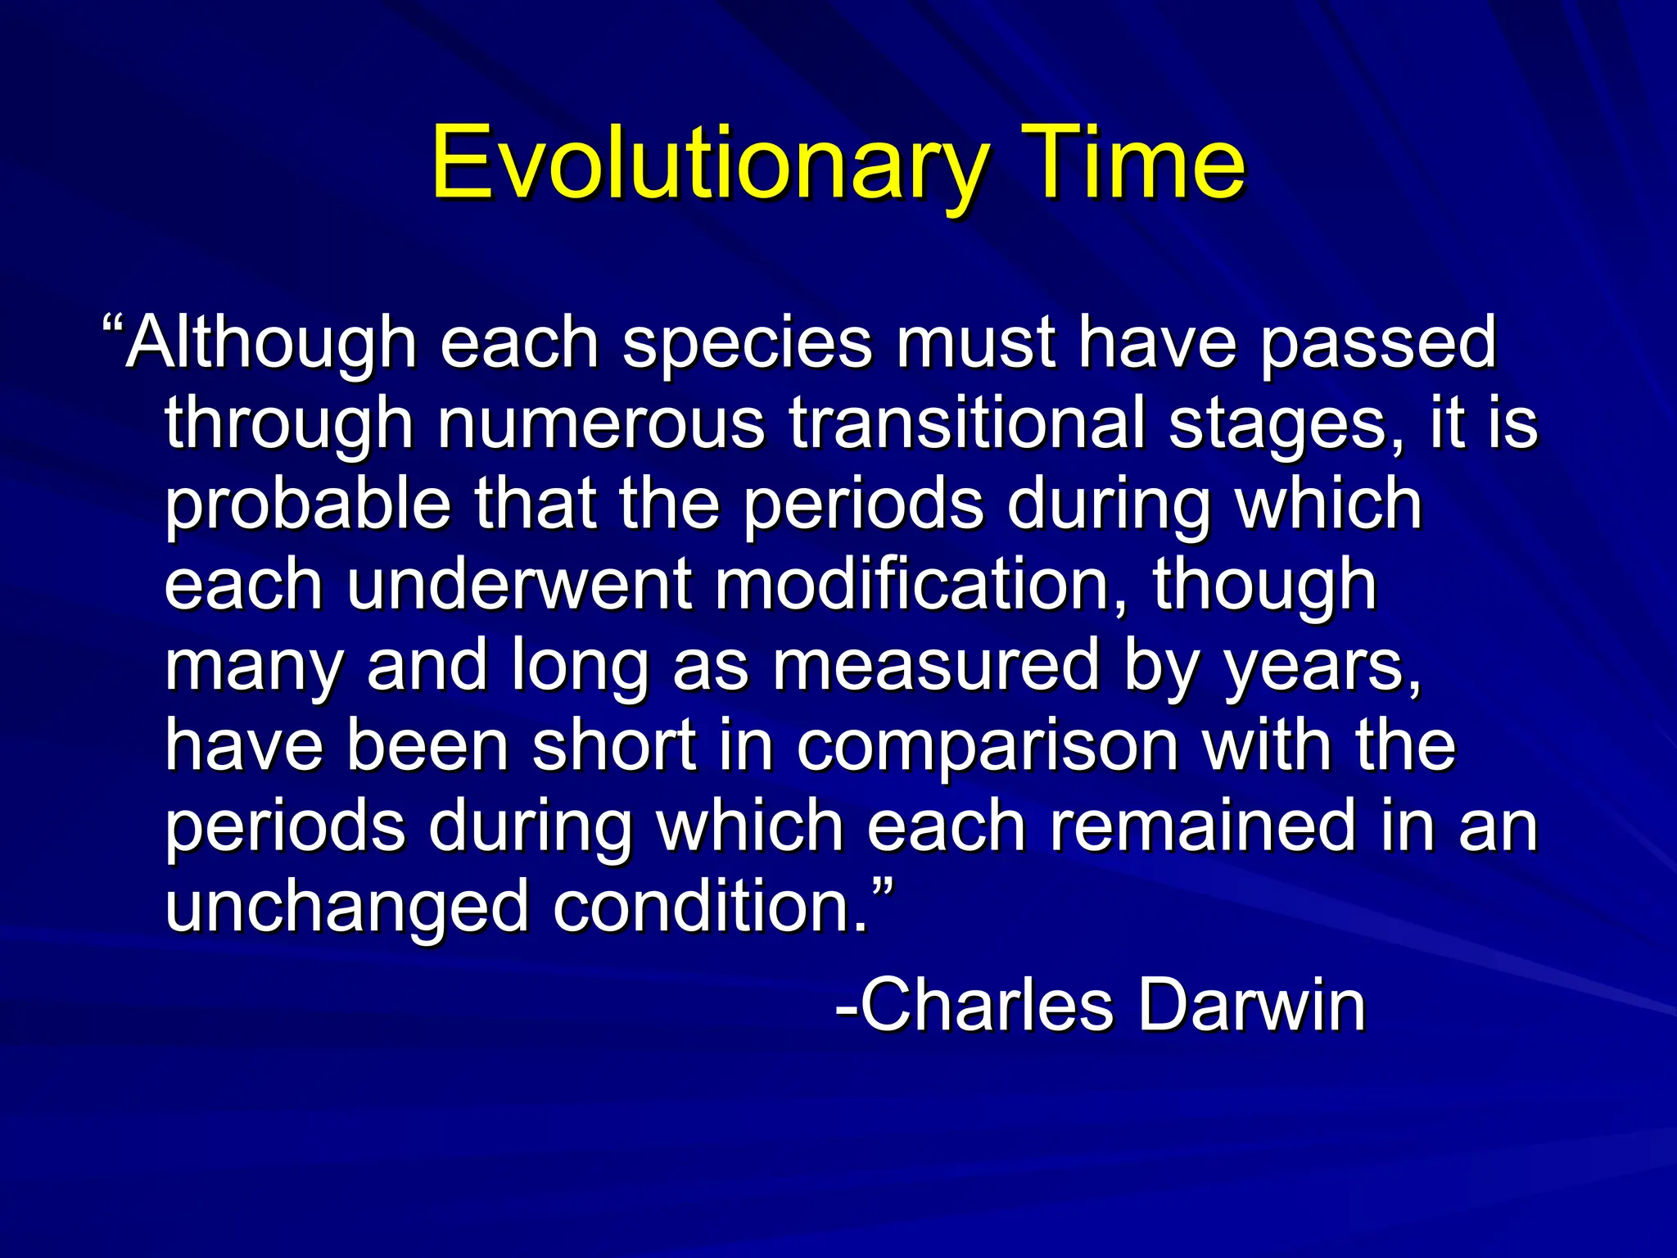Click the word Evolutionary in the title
(x=709, y=164)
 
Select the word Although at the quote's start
(x=271, y=344)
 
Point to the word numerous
(x=601, y=424)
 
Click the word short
(x=614, y=744)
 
